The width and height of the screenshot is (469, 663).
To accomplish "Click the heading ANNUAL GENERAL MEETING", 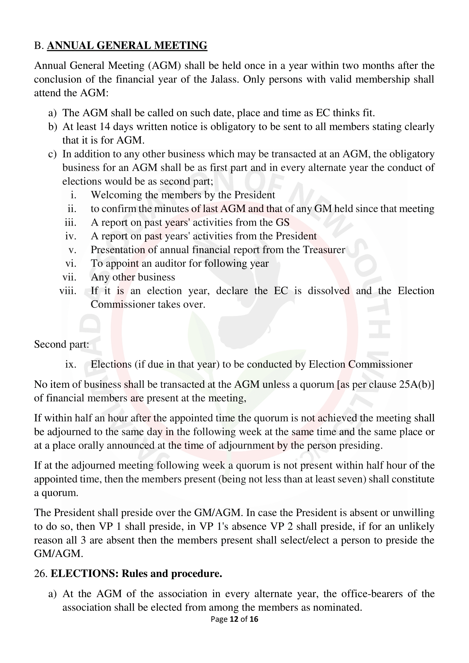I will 127,46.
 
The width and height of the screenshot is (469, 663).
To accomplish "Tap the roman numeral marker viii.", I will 68,291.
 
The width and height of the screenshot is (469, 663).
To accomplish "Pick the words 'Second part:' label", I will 62,344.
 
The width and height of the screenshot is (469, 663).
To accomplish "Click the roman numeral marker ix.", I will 71,365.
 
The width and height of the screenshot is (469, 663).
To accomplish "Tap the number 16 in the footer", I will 254,619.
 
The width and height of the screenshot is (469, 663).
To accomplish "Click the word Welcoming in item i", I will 116,195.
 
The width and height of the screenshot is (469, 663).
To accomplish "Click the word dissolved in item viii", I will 329,291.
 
